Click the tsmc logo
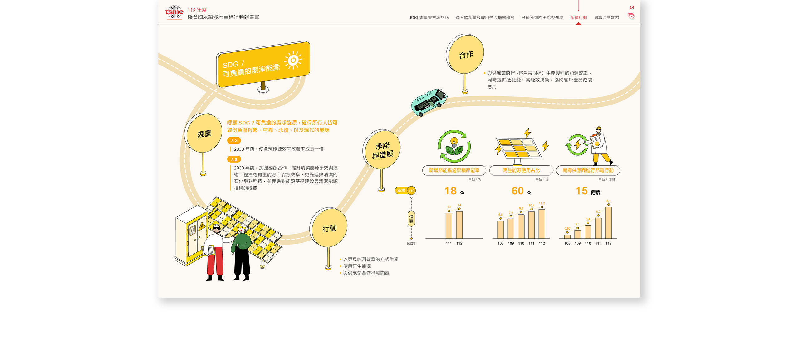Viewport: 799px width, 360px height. (x=174, y=12)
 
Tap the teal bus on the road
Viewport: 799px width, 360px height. (x=429, y=102)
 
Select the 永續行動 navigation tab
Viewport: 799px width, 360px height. (x=578, y=17)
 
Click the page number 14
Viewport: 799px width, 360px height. (x=632, y=7)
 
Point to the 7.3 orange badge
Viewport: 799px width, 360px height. (x=234, y=141)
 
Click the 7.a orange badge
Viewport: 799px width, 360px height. (x=234, y=159)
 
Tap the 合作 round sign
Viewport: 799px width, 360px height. (x=466, y=55)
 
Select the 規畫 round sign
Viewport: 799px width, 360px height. (x=204, y=134)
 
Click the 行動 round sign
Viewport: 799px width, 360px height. (x=329, y=228)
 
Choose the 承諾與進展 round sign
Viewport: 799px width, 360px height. (x=382, y=150)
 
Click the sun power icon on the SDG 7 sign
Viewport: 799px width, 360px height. (x=293, y=60)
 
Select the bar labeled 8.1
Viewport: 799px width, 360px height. (x=608, y=223)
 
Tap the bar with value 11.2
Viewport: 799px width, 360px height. (x=542, y=224)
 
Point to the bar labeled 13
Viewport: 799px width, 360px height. (x=449, y=226)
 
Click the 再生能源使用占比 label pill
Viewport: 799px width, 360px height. (x=521, y=171)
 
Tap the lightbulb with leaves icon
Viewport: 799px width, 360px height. (x=454, y=146)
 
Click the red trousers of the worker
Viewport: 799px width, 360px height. (x=215, y=262)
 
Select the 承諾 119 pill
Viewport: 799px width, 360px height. (x=405, y=191)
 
